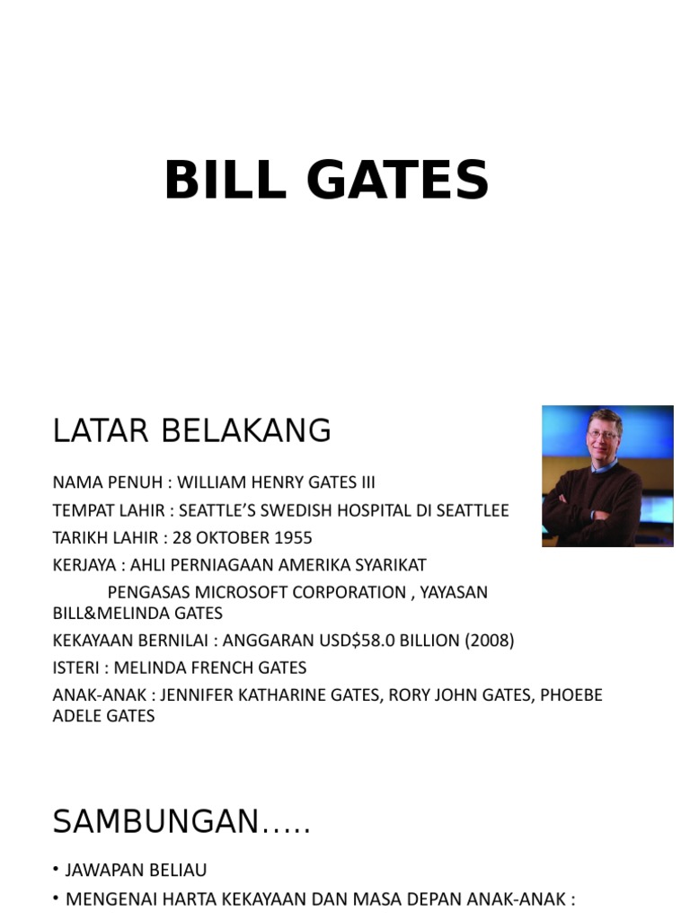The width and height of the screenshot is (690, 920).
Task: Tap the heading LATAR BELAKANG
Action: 191,431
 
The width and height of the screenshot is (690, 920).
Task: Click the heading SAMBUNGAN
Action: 181,822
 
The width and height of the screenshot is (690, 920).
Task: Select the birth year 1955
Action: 289,538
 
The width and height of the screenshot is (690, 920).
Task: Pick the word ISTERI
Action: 76,668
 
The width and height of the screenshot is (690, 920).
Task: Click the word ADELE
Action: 78,716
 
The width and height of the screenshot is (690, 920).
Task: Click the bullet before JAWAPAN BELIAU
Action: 56,871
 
